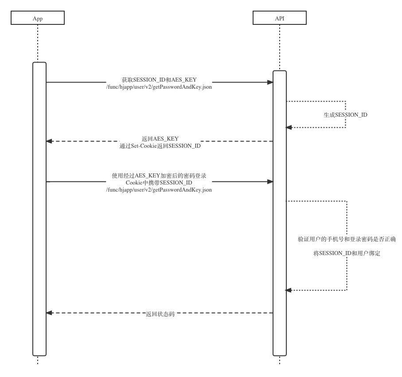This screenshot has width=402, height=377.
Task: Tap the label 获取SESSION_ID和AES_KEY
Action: coord(159,80)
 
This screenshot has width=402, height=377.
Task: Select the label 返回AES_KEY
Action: coord(160,139)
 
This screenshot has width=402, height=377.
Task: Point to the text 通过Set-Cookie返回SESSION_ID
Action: coord(160,146)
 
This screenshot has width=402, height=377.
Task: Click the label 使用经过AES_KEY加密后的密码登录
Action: coord(159,176)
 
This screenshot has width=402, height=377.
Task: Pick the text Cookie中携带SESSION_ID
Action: coord(159,183)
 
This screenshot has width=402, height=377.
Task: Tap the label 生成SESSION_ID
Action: coord(345,115)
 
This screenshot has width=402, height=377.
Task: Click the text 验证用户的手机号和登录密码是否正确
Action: coord(347,239)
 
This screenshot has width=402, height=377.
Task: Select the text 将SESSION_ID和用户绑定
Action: coord(347,253)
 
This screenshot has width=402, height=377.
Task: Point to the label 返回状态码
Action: coord(160,314)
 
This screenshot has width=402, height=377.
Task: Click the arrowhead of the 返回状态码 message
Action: coord(49,313)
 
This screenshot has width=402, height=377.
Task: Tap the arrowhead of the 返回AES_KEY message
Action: coord(49,141)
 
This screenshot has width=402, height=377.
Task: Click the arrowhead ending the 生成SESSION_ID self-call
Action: coord(289,127)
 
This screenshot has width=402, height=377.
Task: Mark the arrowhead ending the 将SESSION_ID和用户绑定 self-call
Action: coord(289,290)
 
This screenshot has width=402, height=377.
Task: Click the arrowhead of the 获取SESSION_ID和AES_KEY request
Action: coord(270,82)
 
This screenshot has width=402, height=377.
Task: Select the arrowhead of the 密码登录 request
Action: coord(270,182)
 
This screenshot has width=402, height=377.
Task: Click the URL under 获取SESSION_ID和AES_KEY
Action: coord(159,87)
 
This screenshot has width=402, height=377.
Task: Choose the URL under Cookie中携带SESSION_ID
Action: coord(159,190)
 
